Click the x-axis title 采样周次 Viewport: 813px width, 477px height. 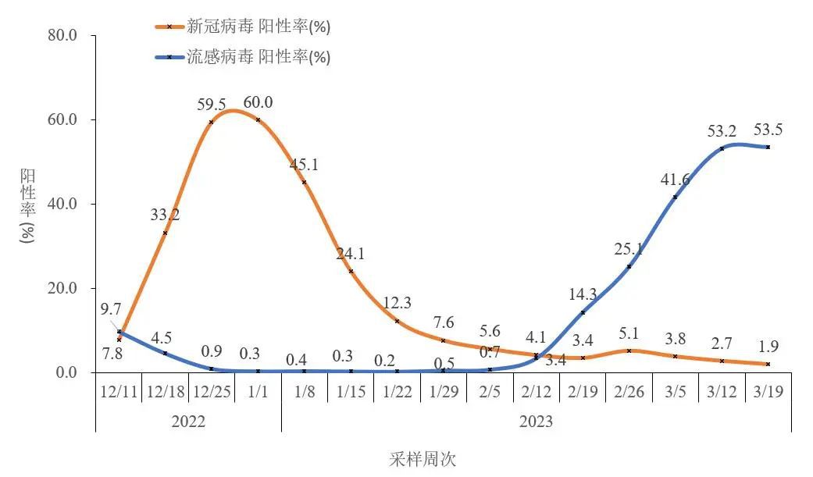point(422,459)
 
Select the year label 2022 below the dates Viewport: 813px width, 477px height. point(187,422)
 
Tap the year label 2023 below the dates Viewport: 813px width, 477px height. point(536,422)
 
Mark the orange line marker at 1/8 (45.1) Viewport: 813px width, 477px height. point(304,182)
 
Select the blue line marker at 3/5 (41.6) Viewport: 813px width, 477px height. point(675,197)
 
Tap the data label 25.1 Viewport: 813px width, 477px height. point(629,249)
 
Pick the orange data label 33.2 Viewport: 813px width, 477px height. point(165,215)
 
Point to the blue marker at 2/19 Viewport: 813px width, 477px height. point(583,312)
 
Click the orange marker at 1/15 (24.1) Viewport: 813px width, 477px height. point(351,271)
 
